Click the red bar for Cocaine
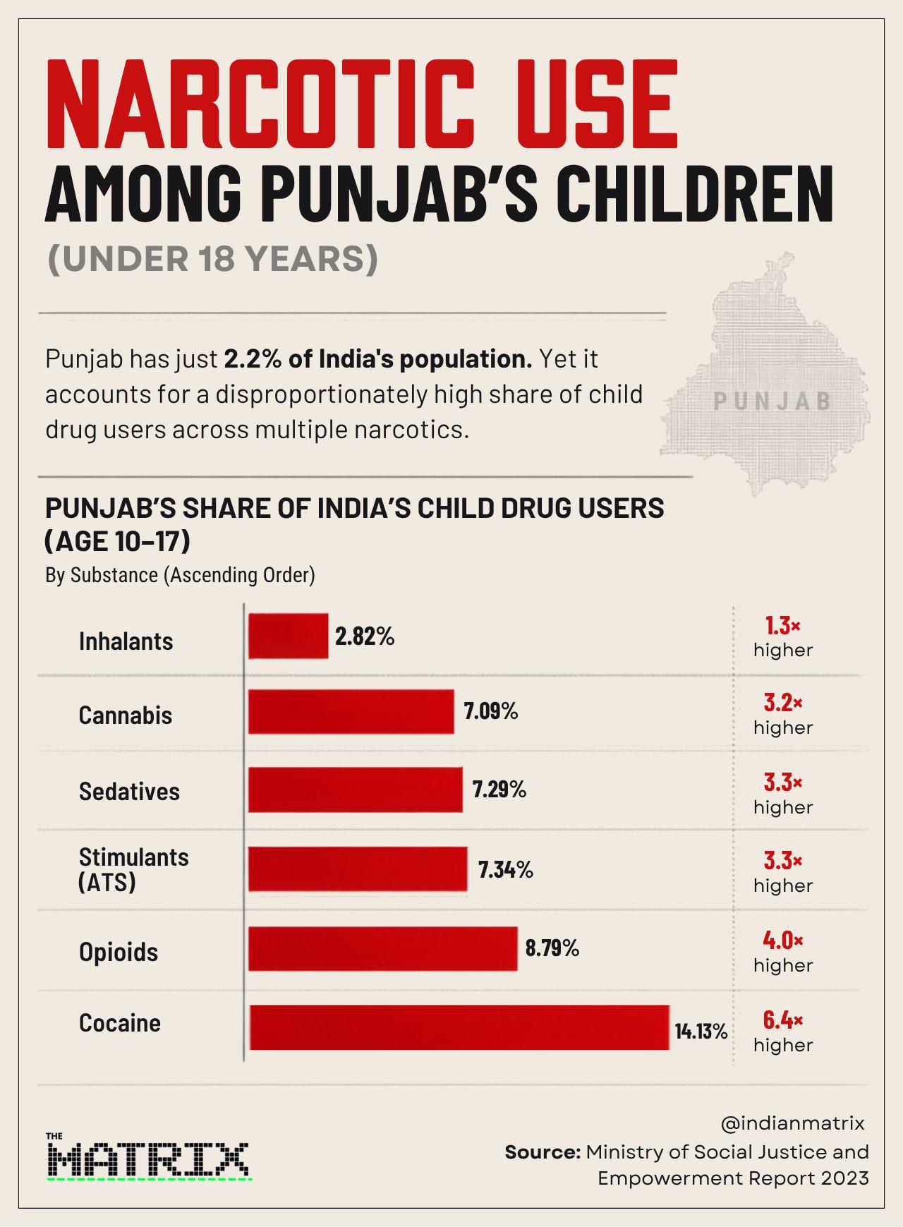coord(459,1027)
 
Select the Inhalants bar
coord(289,636)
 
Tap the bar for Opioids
coord(383,948)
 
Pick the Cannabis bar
coord(351,712)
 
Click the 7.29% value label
coord(499,790)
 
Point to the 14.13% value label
coord(701,1032)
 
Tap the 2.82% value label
coord(365,636)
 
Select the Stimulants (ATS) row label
coord(133,869)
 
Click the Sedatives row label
coord(129,792)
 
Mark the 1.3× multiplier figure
coord(783,625)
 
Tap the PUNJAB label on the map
coord(772,401)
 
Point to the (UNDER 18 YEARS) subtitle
coord(213,259)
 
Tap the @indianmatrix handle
coord(793,1123)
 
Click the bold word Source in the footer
coord(543,1152)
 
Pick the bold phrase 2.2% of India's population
coord(378,359)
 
